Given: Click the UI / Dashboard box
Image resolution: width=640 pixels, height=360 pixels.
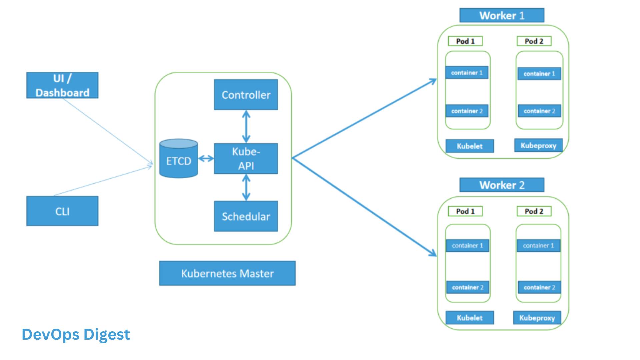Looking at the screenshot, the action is [x=62, y=85].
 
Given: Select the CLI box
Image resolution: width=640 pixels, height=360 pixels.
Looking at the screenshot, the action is [x=62, y=211].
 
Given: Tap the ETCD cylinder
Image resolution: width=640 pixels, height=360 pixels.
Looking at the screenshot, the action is [x=179, y=159].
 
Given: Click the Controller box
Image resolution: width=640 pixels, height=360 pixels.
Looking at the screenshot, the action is [x=246, y=95].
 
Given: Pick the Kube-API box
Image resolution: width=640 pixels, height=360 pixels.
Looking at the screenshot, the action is [x=246, y=159].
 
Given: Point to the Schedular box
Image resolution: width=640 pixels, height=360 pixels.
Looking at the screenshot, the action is [x=246, y=216].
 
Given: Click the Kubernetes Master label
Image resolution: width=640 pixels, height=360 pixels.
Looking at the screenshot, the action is [x=227, y=273].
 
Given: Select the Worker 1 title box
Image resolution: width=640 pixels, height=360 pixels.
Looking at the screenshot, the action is [x=502, y=15].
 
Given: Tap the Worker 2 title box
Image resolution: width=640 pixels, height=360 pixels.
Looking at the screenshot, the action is [x=502, y=185].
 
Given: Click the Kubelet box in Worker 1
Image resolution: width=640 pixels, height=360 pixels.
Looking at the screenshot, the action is [x=470, y=146].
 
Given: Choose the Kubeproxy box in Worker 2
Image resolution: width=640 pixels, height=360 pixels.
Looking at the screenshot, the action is [x=537, y=318].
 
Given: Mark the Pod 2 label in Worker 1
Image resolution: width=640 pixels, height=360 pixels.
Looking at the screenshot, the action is [x=534, y=41].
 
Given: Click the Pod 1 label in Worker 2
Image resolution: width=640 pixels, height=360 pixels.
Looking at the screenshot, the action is [x=465, y=211].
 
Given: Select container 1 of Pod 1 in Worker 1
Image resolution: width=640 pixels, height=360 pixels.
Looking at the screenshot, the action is [x=467, y=73].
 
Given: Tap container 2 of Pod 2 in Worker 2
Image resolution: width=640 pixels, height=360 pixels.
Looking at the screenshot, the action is [x=539, y=287].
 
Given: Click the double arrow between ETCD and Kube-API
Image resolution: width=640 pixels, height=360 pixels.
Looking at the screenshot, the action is [x=206, y=159].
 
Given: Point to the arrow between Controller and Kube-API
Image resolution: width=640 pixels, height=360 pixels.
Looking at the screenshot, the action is [x=246, y=127].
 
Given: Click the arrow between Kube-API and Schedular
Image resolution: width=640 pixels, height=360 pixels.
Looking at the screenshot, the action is [x=246, y=187].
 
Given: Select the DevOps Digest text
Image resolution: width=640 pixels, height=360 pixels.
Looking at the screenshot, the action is [x=76, y=335].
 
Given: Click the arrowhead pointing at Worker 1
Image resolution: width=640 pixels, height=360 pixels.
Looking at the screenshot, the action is [x=433, y=81].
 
